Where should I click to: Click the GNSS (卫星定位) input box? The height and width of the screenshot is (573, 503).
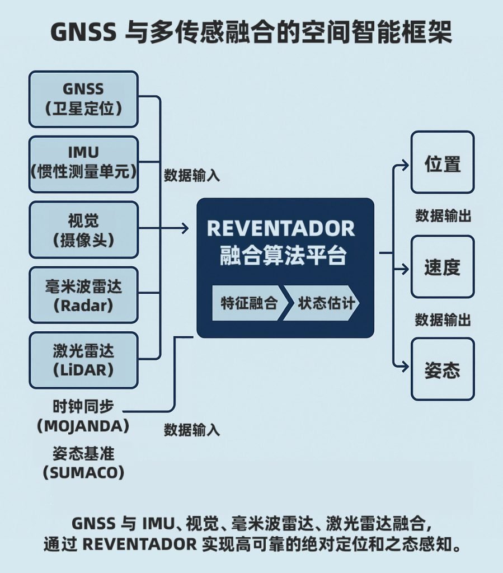click(x=83, y=98)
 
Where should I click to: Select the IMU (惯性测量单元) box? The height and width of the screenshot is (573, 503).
click(x=83, y=163)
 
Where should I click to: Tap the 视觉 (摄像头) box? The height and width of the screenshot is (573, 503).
click(x=83, y=229)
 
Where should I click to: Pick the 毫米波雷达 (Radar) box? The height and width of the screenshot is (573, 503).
click(x=83, y=295)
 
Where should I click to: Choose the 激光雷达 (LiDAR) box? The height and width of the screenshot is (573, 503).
click(x=83, y=360)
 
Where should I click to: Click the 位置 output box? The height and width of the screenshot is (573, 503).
click(x=442, y=162)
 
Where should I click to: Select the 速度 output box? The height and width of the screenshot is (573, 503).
click(x=442, y=266)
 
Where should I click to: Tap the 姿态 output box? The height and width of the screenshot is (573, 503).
click(x=442, y=369)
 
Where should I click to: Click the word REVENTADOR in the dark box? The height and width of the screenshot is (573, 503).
click(x=281, y=229)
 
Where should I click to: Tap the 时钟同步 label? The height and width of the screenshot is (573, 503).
click(x=83, y=406)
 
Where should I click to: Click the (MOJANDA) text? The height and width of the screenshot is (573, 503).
click(x=83, y=426)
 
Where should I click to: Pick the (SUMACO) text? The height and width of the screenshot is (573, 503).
click(x=83, y=472)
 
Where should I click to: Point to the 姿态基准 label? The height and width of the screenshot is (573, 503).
click(x=83, y=452)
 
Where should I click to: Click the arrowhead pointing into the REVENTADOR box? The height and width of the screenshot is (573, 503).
click(x=186, y=228)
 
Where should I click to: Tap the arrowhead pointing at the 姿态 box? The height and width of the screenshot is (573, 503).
click(x=406, y=367)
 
